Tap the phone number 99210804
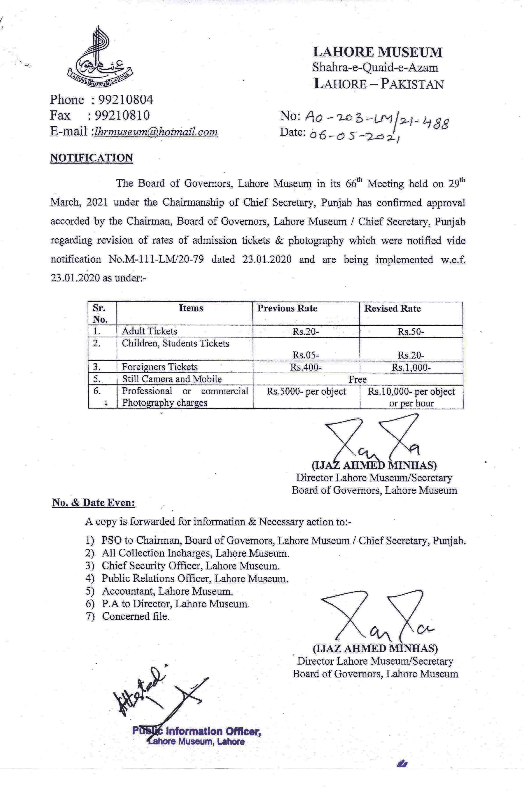tap(124, 100)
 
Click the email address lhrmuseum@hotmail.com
tap(156, 131)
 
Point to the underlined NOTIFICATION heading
tap(91, 158)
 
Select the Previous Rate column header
tap(287, 308)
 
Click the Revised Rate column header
tap(392, 308)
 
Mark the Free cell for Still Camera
tap(358, 379)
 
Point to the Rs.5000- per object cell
tap(306, 391)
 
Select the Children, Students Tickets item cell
tap(176, 344)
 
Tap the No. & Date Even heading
tap(94, 503)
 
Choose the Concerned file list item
tap(136, 616)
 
